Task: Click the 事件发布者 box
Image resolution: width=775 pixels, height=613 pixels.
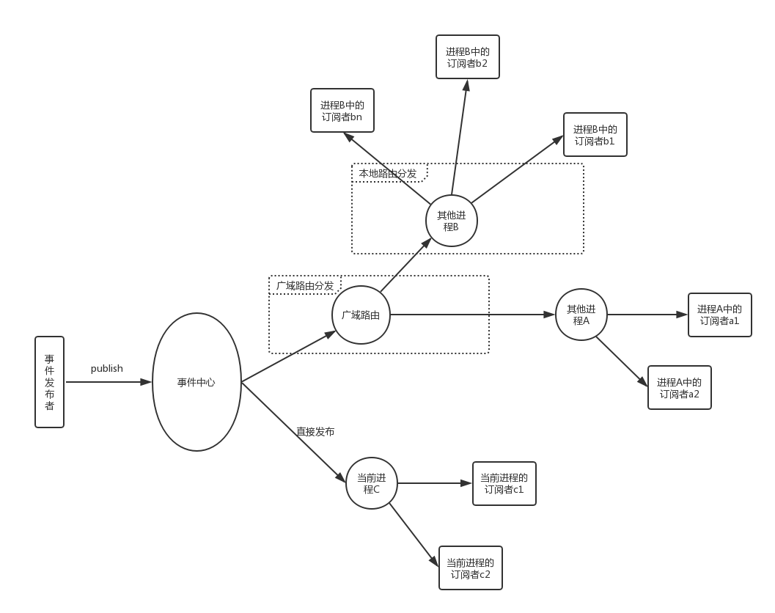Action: pos(50,381)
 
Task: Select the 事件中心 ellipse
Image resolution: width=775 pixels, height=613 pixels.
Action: pos(196,382)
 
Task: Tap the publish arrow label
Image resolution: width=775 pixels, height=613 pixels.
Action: pos(107,369)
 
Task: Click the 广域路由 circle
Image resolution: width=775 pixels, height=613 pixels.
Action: pos(361,315)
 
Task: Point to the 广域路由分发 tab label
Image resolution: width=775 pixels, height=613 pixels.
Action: pos(305,285)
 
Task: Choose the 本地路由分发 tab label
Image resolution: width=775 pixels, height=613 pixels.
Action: pos(388,174)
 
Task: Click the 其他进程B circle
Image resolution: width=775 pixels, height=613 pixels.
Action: pos(452,221)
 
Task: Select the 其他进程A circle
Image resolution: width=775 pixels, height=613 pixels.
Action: pos(581,315)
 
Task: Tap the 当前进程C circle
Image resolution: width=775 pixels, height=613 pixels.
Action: pos(372,483)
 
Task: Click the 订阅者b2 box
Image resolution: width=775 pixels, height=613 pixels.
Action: pos(467,57)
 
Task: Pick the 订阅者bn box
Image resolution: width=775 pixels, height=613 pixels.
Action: pos(342,111)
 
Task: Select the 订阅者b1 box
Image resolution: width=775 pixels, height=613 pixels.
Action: pos(595,135)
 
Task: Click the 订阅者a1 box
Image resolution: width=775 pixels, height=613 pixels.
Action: pos(719,315)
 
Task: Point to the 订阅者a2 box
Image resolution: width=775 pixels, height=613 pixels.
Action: pos(679,388)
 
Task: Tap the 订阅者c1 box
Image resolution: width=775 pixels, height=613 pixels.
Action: pos(504,483)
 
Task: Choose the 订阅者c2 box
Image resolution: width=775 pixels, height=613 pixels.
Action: pos(470,568)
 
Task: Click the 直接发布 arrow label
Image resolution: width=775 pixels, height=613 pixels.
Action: pos(315,433)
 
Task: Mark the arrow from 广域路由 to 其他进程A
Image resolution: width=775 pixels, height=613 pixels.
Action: pos(473,315)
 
